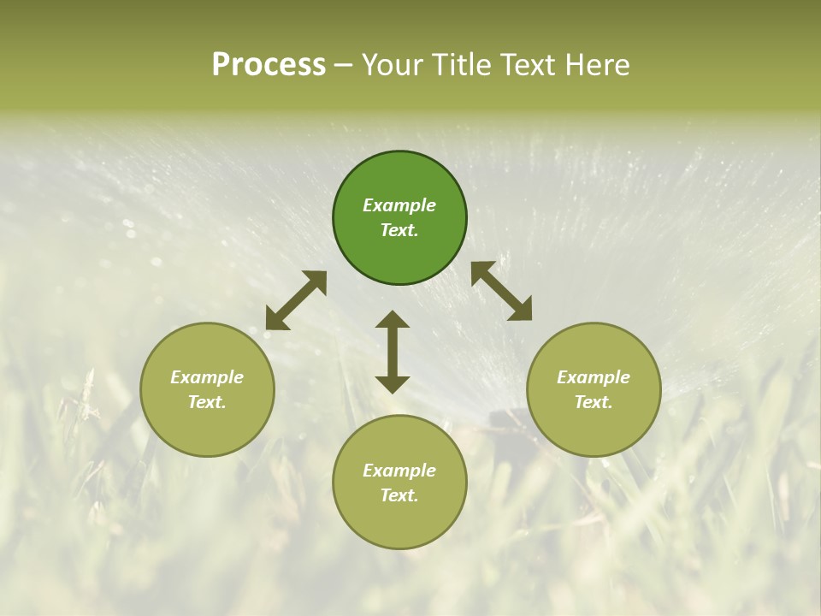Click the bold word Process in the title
click(269, 65)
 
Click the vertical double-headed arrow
click(393, 352)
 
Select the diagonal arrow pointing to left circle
click(296, 300)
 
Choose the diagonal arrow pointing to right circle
click(502, 291)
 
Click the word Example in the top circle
click(399, 205)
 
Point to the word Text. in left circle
click(207, 402)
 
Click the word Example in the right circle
click(594, 377)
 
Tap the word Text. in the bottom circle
click(399, 495)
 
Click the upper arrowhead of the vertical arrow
click(393, 320)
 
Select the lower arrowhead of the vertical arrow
click(393, 384)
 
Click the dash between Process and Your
click(343, 65)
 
